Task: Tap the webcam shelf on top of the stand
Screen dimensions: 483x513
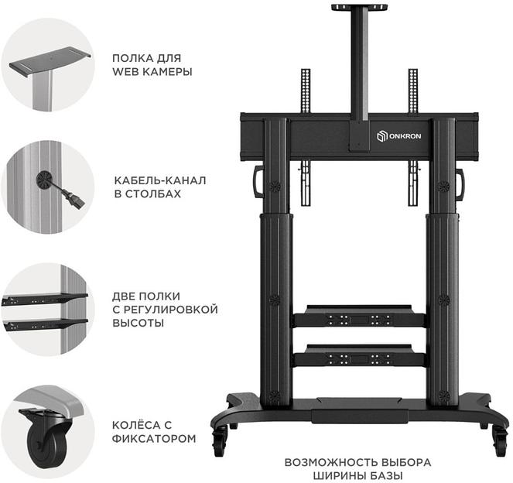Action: pos(359,8)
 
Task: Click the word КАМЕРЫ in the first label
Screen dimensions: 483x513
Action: pos(162,72)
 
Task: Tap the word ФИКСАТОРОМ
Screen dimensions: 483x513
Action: pos(154,438)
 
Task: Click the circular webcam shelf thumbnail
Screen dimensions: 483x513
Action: pos(48,65)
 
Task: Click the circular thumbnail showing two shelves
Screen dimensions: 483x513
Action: pos(48,309)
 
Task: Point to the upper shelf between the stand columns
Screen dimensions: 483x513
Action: pos(359,317)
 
